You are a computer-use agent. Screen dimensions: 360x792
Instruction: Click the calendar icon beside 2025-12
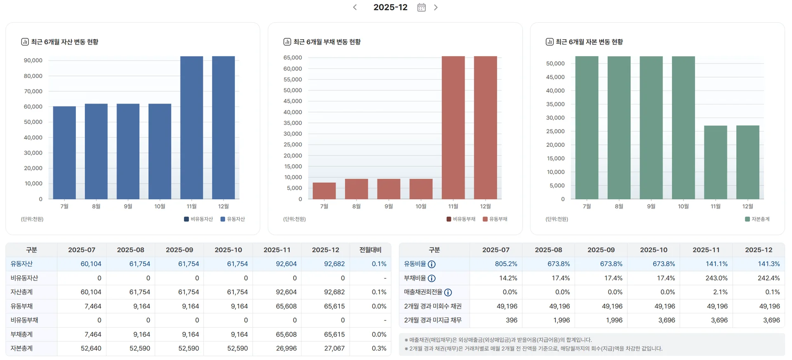point(421,7)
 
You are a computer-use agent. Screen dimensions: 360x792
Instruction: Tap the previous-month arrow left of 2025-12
point(355,7)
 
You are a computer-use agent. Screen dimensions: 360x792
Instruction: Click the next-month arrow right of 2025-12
point(436,7)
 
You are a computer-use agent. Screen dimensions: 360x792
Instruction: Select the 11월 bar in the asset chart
point(191,128)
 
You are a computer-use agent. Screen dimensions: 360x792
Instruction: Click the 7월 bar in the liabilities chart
point(324,191)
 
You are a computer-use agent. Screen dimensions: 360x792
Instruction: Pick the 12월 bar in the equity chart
point(747,162)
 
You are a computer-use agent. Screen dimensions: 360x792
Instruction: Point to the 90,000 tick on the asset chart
point(33,61)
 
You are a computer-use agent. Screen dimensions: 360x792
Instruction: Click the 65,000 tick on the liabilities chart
point(292,58)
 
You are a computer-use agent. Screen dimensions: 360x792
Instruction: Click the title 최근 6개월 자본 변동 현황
point(589,42)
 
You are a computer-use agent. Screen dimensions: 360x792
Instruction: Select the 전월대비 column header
point(370,250)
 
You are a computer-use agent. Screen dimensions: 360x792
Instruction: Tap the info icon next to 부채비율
point(432,278)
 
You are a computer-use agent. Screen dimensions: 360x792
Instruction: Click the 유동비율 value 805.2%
point(506,264)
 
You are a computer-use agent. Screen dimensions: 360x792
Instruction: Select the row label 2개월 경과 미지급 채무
point(433,320)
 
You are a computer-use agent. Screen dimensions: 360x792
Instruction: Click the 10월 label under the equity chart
point(683,206)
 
